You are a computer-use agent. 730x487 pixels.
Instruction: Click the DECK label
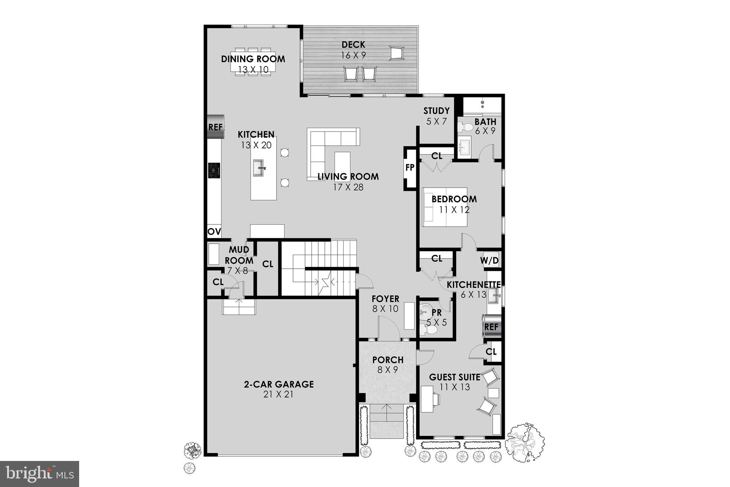tap(353, 45)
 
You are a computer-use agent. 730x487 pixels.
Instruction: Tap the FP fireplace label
tap(410, 167)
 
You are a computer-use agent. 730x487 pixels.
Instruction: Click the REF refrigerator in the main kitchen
tap(215, 127)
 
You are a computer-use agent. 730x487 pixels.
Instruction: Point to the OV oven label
tap(214, 232)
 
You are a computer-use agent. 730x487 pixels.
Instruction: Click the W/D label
tap(489, 260)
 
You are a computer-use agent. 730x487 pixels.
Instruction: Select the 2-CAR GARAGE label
tap(279, 384)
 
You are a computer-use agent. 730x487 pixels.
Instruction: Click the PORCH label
tap(388, 360)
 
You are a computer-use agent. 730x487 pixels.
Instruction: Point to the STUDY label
tap(436, 111)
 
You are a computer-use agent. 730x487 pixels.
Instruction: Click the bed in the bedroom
tap(444, 207)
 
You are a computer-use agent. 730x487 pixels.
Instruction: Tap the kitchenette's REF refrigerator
tap(492, 326)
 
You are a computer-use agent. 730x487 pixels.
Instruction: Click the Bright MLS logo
tap(40, 473)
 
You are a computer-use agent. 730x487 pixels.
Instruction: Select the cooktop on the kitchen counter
tap(214, 170)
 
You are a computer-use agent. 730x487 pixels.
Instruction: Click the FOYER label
tap(385, 299)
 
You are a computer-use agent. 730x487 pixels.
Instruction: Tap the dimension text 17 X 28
tap(348, 187)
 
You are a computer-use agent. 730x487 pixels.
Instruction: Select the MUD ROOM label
tap(239, 255)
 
